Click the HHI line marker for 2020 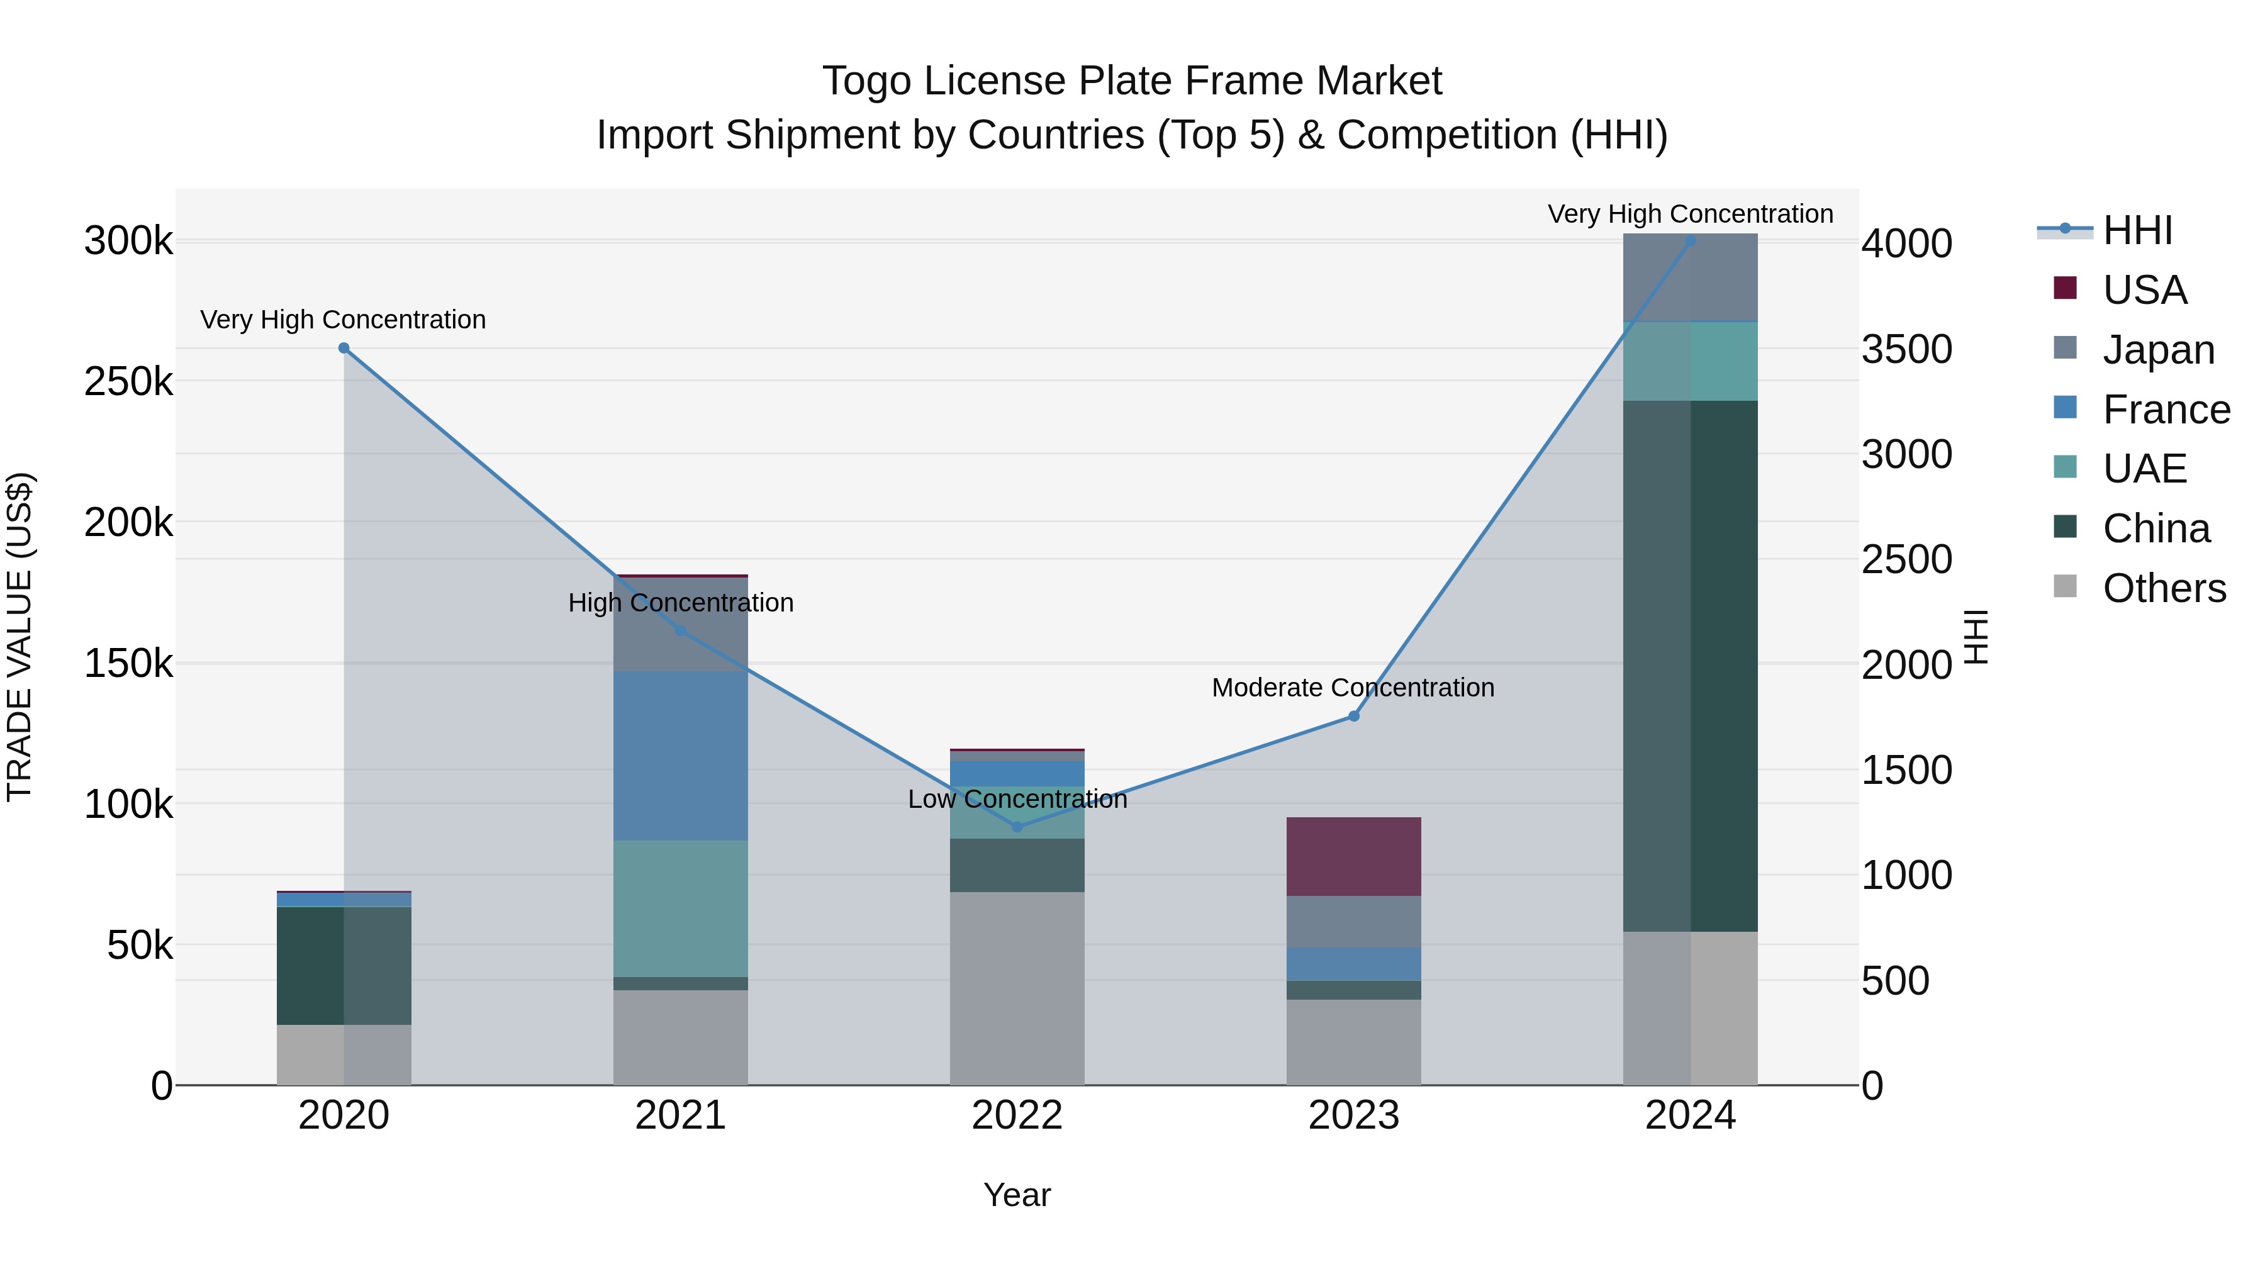[x=344, y=348]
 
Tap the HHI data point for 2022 [x=1017, y=827]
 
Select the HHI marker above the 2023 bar [x=1354, y=717]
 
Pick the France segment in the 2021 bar [x=681, y=756]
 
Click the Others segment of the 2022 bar [x=1017, y=988]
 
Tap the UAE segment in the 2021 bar [x=681, y=908]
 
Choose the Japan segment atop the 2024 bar [x=1690, y=278]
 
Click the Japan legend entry [x=2159, y=350]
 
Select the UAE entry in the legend [x=2145, y=469]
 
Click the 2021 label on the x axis [x=681, y=1115]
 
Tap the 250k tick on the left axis [x=128, y=382]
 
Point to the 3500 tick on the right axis [x=1907, y=349]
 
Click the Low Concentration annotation [x=1017, y=799]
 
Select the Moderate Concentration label [x=1353, y=688]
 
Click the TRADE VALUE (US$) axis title [x=20, y=637]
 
